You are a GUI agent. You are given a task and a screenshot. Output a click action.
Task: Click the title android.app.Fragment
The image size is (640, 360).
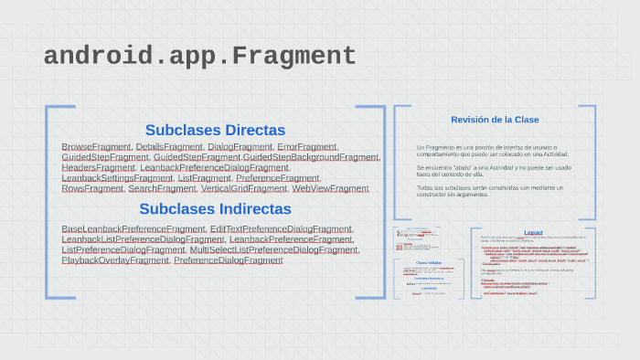click(x=199, y=57)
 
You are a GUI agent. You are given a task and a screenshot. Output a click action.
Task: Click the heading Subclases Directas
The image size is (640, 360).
click(x=215, y=130)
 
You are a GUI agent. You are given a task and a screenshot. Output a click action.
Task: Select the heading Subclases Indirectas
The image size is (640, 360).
click(x=215, y=208)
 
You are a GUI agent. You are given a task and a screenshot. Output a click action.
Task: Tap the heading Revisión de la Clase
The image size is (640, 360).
click(x=495, y=120)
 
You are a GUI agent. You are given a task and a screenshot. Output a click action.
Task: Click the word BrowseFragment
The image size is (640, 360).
click(x=96, y=147)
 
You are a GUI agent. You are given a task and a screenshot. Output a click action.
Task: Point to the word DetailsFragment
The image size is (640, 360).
click(x=169, y=147)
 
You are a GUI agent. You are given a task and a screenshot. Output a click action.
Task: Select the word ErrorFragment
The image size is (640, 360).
click(x=307, y=147)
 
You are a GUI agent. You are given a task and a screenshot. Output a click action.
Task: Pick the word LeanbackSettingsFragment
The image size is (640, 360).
click(x=117, y=178)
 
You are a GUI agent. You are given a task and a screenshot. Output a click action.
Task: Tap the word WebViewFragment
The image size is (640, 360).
click(x=330, y=189)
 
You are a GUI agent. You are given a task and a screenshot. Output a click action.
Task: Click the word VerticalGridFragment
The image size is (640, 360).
click(x=243, y=189)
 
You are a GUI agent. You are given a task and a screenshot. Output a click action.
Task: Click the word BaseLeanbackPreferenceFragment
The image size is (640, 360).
click(x=133, y=228)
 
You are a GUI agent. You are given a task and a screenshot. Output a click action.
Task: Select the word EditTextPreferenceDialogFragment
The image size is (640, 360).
click(x=281, y=228)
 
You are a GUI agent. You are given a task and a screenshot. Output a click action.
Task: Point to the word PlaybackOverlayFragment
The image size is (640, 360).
click(x=115, y=260)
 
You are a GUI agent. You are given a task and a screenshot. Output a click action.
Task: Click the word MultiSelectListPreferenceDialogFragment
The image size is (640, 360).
click(x=273, y=249)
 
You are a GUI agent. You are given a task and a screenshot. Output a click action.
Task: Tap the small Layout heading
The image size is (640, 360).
click(x=533, y=232)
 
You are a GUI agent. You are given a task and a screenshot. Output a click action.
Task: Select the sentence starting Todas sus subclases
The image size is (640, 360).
click(x=489, y=191)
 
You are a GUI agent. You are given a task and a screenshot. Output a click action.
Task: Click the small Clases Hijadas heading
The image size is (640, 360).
click(x=428, y=262)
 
